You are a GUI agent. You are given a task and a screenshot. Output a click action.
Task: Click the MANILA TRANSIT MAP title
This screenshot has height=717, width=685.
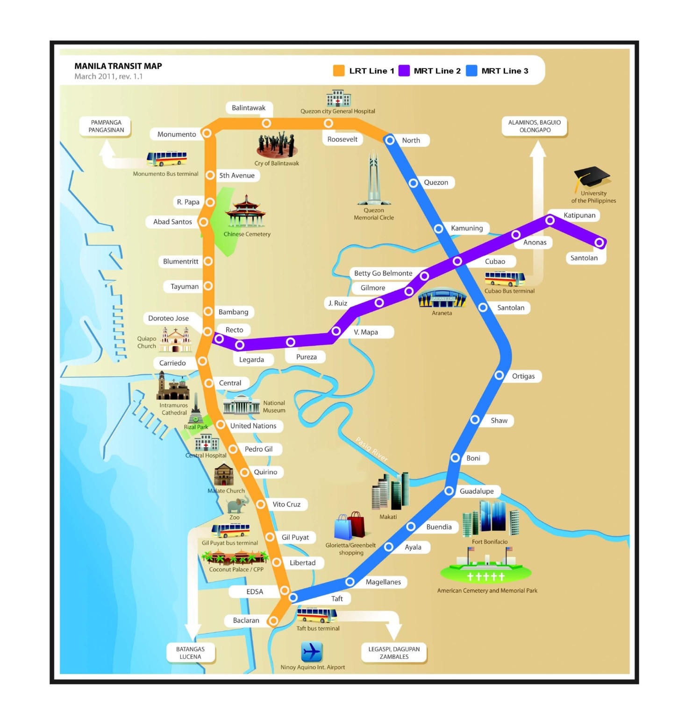point(118,66)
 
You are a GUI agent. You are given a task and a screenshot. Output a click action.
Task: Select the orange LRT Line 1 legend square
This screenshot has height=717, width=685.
point(339,71)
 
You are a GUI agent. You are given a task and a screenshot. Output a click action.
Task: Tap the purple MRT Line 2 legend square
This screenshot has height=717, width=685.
point(404,71)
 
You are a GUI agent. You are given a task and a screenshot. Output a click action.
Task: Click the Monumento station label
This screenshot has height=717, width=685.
point(176,134)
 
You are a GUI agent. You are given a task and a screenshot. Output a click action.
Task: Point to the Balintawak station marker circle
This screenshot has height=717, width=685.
point(266,123)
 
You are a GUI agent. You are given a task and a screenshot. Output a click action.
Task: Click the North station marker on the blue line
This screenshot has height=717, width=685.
point(390,140)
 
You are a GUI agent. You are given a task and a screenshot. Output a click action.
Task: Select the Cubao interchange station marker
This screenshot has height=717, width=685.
point(457,261)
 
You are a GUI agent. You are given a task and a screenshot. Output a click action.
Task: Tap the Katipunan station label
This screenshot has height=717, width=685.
point(579,215)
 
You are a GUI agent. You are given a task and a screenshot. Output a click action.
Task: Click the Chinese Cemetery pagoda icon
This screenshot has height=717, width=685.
point(245,212)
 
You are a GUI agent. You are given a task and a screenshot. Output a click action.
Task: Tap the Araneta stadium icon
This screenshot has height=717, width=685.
point(442,298)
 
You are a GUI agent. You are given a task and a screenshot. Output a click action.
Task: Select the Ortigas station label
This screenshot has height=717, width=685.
point(523,376)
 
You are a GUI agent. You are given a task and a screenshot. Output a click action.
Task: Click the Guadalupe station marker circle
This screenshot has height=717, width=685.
point(449,491)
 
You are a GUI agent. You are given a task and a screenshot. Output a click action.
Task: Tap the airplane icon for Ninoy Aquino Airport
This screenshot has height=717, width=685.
point(312,652)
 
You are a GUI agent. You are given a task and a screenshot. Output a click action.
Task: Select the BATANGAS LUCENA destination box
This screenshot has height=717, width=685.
point(191,653)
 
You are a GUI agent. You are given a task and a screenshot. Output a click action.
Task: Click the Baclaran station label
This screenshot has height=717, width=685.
point(246,620)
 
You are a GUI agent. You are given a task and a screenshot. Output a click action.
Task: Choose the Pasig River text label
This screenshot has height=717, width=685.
point(372,449)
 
